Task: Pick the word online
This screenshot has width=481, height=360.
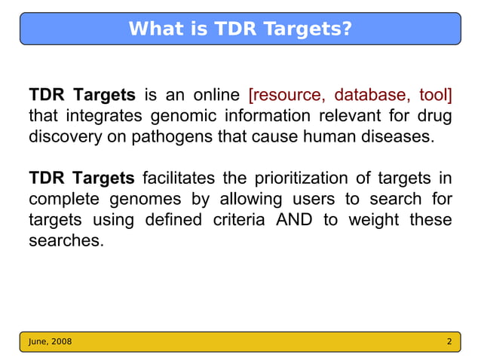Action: [216, 95]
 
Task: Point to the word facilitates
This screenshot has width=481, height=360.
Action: [178, 178]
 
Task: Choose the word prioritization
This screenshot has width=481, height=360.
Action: [300, 178]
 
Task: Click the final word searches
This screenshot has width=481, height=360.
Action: [64, 242]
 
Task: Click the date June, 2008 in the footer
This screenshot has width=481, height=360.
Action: [51, 342]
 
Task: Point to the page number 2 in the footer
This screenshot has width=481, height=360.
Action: [449, 342]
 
